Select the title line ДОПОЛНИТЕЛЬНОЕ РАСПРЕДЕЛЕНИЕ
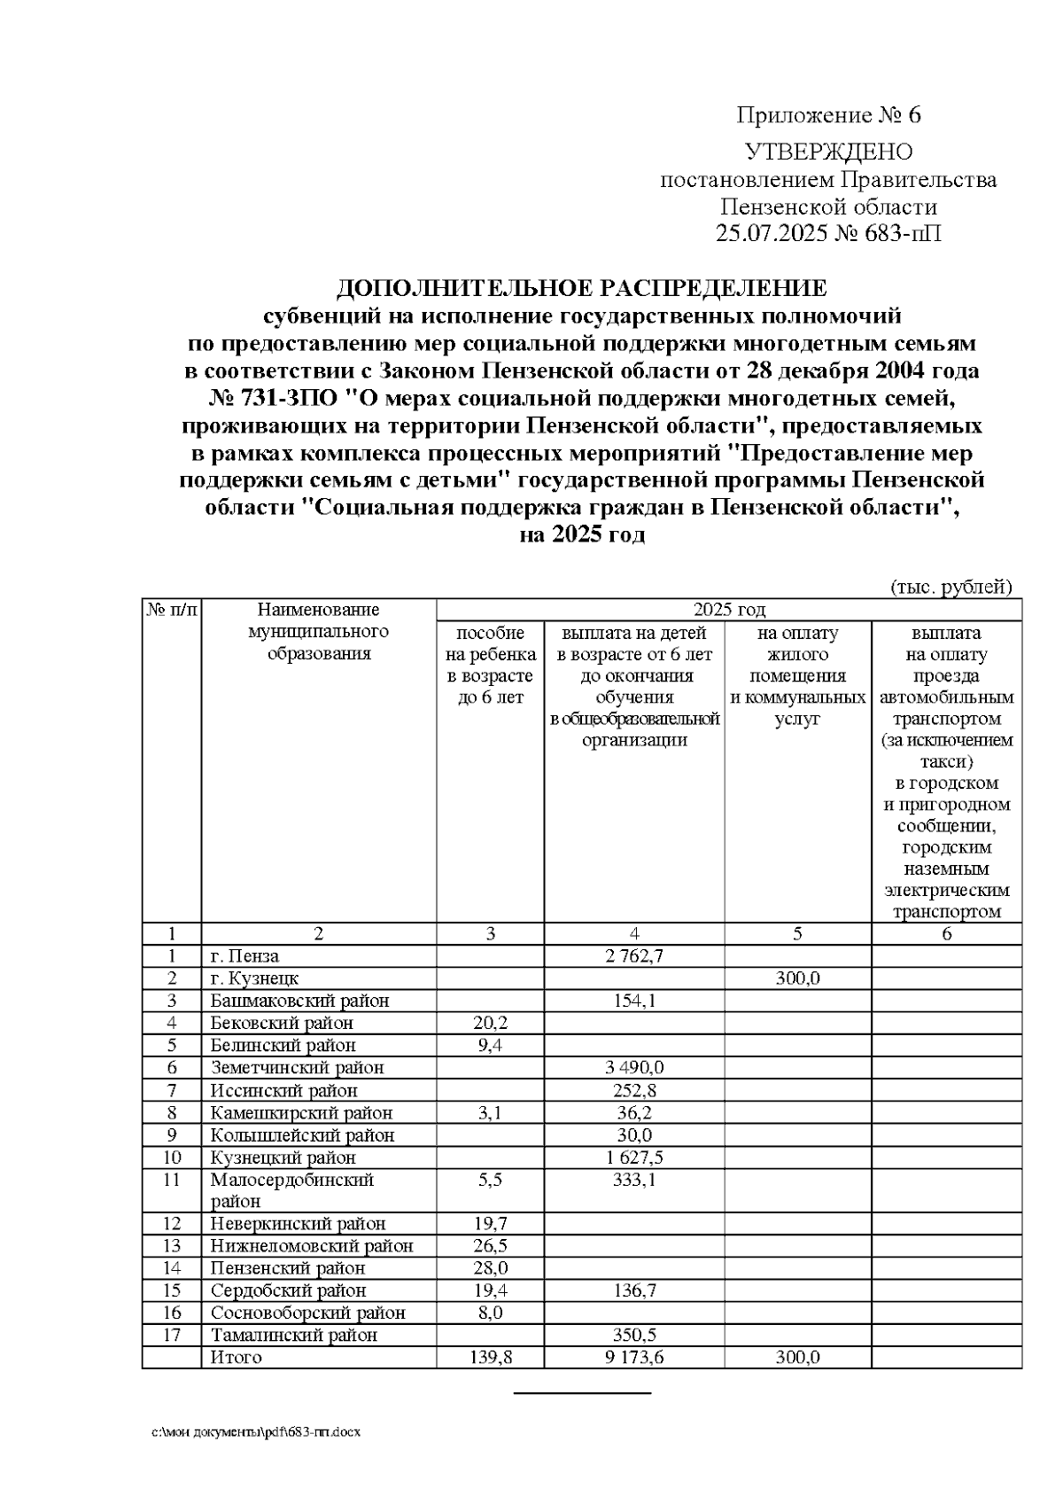[582, 289]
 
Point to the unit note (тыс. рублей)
[950, 587]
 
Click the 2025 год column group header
[728, 610]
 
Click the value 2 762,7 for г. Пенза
[633, 956]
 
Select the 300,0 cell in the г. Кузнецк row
[797, 978]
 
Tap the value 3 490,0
[633, 1068]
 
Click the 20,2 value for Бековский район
[490, 1023]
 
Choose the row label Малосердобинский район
[291, 1190]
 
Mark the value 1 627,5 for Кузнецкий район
[633, 1157]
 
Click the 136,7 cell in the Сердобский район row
[633, 1290]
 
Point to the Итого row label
[236, 1358]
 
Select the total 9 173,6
[633, 1358]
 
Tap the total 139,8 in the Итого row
[490, 1358]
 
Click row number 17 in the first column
[172, 1335]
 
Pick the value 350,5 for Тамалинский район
[633, 1335]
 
